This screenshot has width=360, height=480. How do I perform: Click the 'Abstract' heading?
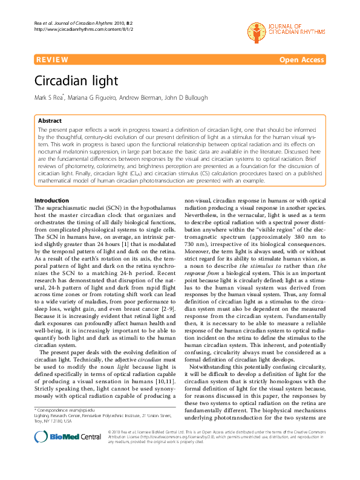[50, 121]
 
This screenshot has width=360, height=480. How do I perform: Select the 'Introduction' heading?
[52, 183]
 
